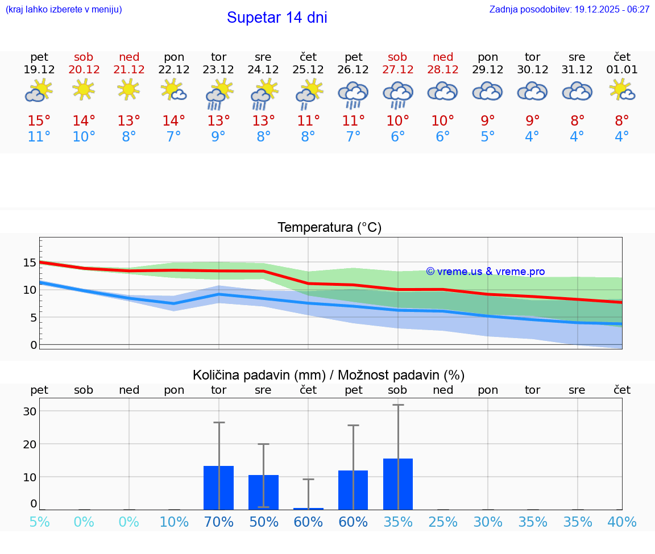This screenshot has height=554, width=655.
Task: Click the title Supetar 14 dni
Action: point(277,18)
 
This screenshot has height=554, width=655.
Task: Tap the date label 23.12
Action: point(218,70)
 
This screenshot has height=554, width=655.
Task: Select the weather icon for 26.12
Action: point(353,94)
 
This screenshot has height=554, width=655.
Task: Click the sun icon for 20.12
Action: point(84,89)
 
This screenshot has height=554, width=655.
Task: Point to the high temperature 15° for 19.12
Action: point(39,120)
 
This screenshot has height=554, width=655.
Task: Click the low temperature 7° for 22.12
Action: point(173,136)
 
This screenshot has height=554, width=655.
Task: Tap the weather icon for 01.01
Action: point(622,90)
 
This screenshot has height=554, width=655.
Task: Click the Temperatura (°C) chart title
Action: point(329,228)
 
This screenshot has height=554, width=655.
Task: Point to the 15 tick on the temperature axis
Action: point(30,263)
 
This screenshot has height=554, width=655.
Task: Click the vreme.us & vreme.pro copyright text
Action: point(486,272)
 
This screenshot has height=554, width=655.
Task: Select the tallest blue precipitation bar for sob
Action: point(398,484)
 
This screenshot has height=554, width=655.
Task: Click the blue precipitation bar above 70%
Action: point(219,488)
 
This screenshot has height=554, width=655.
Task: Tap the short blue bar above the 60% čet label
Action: point(308,509)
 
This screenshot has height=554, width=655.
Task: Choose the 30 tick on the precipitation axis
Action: point(30,411)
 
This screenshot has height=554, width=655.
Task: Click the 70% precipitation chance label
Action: point(219,522)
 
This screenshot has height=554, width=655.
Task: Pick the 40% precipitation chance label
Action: point(622,522)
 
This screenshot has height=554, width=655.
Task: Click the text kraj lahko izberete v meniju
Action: point(64,10)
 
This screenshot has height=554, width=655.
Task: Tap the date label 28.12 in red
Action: point(442,70)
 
